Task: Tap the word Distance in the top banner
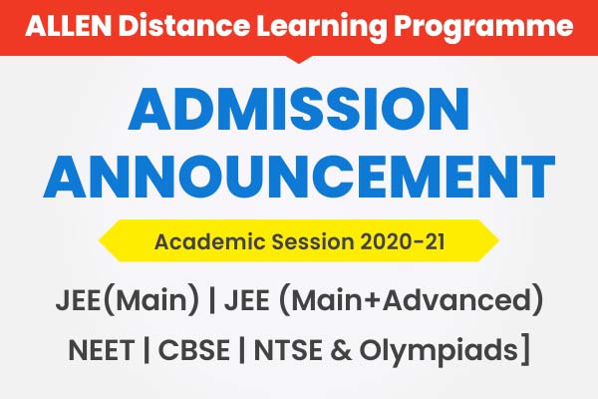[161, 25]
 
